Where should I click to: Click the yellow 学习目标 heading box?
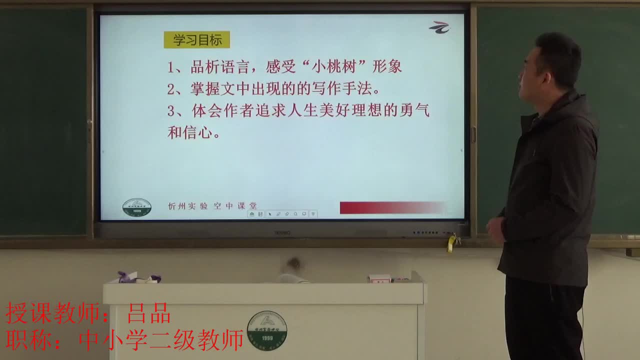pyautogui.click(x=197, y=40)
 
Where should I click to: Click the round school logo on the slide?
pyautogui.click(x=136, y=207)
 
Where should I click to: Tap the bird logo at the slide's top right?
pyautogui.click(x=439, y=27)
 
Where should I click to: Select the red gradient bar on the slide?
pyautogui.click(x=392, y=207)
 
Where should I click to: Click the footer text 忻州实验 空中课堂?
pyautogui.click(x=212, y=206)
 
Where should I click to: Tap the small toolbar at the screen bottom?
pyautogui.click(x=283, y=214)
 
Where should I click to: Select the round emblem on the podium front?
pyautogui.click(x=267, y=330)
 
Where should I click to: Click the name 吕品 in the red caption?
pyautogui.click(x=149, y=313)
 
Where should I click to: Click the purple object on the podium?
pyautogui.click(x=124, y=277)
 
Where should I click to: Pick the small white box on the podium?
pyautogui.click(x=379, y=278)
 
